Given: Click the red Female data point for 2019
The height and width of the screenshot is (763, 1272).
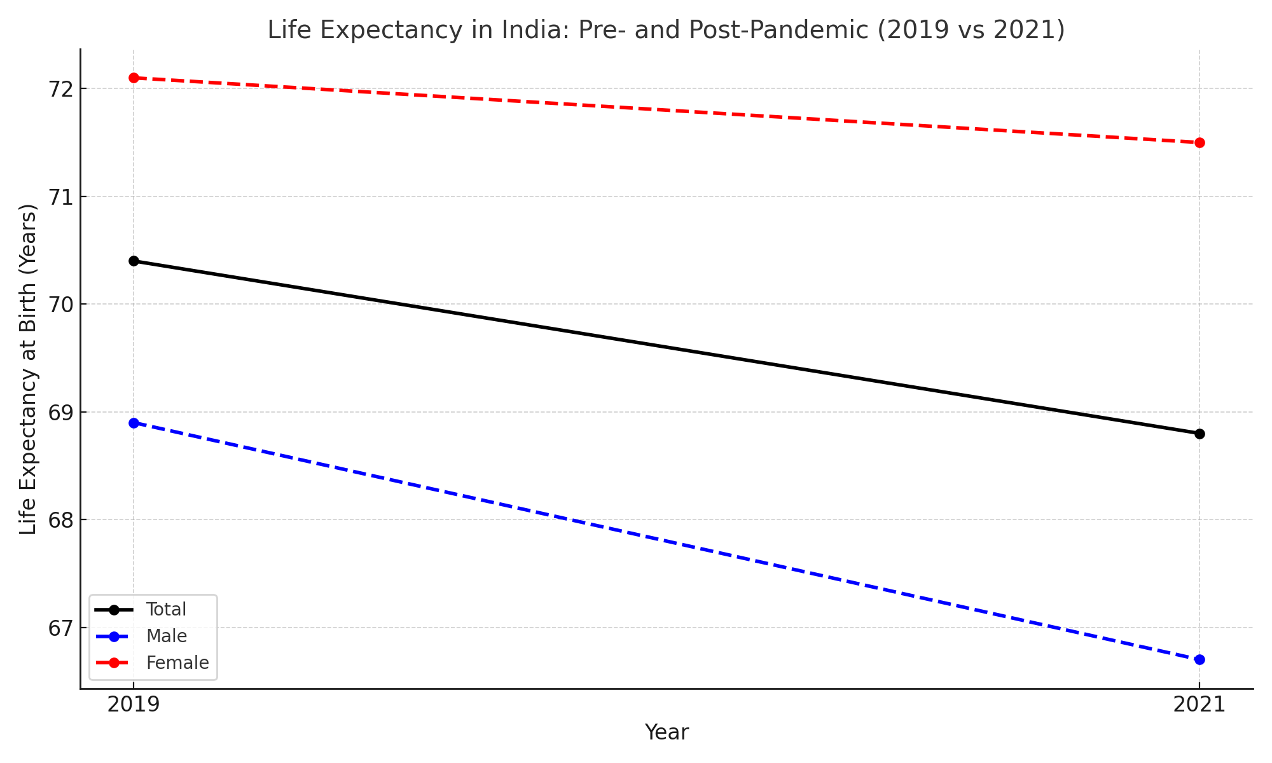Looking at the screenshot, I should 134,78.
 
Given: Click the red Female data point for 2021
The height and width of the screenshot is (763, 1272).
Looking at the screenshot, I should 1199,142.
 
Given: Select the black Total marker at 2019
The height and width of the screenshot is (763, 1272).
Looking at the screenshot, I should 134,261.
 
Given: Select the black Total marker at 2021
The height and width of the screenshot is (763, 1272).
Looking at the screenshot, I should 1199,434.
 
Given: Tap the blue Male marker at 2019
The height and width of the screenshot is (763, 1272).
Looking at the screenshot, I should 134,423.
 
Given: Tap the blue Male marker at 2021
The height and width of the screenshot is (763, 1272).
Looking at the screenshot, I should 1199,659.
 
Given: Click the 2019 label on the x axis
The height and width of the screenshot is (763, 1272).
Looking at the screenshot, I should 134,705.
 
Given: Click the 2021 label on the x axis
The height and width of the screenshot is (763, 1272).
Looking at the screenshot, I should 1199,705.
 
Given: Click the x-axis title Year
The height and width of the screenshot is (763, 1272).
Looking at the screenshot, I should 666,732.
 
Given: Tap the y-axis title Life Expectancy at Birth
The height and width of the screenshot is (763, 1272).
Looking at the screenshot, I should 28,369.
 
